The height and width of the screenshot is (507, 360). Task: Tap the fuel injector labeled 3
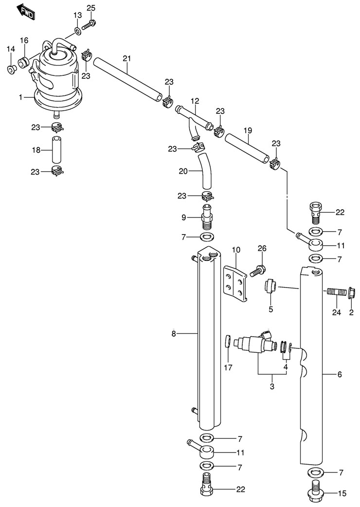click(x=253, y=344)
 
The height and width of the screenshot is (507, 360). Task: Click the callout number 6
click(x=340, y=374)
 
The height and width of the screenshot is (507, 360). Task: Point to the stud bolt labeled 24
click(x=336, y=292)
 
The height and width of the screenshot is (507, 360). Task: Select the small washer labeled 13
click(x=78, y=32)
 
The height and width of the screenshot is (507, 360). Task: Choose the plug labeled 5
click(x=270, y=287)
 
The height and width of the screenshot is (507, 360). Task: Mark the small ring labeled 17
click(x=227, y=342)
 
